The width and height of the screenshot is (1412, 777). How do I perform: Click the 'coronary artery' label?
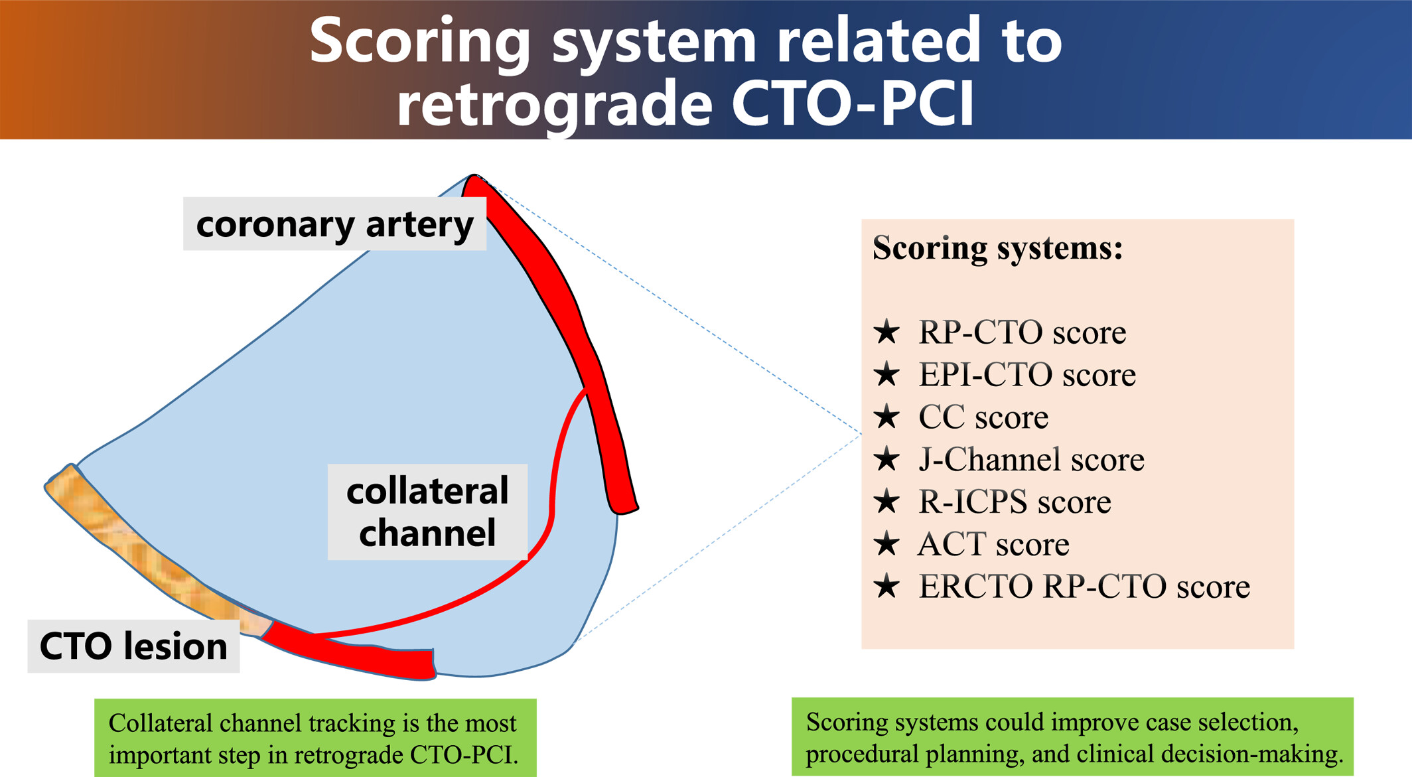coord(334,224)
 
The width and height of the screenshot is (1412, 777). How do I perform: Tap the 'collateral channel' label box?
coord(427,512)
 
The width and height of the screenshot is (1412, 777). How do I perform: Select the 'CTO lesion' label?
coord(133,646)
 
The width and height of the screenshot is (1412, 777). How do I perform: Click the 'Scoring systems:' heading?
coord(997,249)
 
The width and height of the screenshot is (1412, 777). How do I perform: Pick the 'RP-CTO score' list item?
coord(1022,332)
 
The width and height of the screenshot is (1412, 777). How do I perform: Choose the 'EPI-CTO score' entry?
coord(1026,375)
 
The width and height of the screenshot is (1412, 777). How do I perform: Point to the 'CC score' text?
coord(983,417)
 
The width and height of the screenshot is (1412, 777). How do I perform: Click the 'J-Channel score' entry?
coord(1031,460)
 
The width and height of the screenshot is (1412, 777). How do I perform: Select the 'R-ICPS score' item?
coord(1015,502)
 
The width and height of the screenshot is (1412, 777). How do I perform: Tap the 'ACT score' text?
coord(993,545)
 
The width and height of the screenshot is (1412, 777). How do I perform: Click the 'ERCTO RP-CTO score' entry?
coord(1084,587)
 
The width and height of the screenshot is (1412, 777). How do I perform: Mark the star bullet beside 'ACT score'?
coord(886,544)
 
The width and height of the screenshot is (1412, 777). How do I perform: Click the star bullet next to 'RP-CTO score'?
coord(886,332)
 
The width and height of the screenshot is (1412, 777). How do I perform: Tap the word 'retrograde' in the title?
coord(554,104)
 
